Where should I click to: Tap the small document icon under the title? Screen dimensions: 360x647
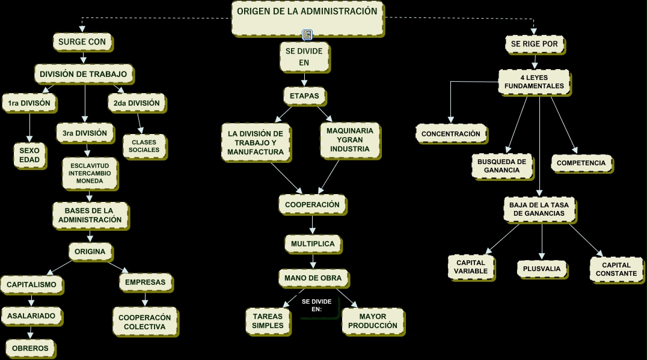(307, 35)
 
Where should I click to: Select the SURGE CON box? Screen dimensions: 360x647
(82, 42)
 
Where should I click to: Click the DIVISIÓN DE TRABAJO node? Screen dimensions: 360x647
(84, 74)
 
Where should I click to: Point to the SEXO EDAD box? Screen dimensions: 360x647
(29, 154)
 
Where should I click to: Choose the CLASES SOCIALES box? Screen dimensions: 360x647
(144, 146)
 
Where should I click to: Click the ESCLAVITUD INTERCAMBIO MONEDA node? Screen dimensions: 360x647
(90, 172)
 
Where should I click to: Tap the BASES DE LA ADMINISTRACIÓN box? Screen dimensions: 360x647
(90, 215)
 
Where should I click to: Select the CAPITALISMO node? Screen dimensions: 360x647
(32, 284)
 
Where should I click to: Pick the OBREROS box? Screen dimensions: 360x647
(30, 348)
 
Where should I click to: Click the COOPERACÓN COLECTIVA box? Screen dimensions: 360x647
(144, 322)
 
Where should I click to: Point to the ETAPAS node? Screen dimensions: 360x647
(304, 96)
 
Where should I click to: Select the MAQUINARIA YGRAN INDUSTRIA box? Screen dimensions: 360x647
(350, 139)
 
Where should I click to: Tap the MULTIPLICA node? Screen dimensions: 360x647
(313, 244)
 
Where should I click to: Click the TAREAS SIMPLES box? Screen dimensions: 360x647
(268, 321)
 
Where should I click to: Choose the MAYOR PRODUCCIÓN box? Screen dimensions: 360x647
(372, 321)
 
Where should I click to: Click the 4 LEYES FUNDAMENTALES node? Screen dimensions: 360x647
(534, 82)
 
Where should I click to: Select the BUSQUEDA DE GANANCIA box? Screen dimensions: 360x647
(501, 166)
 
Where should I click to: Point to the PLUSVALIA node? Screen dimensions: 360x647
(542, 269)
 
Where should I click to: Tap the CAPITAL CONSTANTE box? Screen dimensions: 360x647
(616, 269)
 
